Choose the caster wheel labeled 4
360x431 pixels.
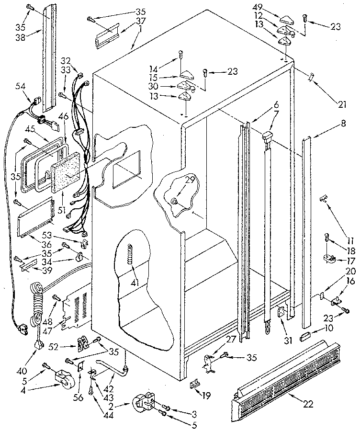tap(63, 378)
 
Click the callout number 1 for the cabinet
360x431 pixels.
tap(140, 28)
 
